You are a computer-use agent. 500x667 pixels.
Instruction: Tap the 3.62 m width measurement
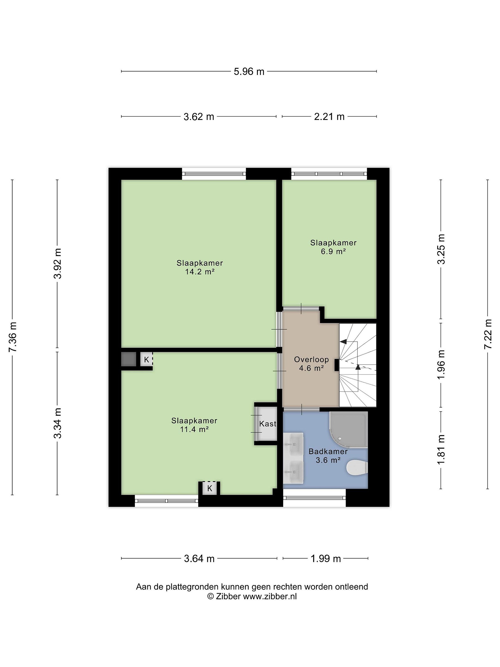point(199,117)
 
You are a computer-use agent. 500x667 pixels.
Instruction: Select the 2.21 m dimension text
point(329,117)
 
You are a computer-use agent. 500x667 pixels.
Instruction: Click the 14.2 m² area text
point(200,272)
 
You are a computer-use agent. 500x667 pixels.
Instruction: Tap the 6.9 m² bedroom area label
point(333,252)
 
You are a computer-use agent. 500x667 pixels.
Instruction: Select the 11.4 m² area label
point(194,429)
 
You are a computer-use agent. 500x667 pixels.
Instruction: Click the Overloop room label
point(311,359)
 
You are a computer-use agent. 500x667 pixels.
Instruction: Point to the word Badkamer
point(328,451)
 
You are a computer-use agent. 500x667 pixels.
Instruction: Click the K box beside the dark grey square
point(147,359)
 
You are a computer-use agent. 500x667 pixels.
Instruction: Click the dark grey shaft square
point(129,359)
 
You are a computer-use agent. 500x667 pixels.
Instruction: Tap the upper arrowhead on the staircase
point(343,342)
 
